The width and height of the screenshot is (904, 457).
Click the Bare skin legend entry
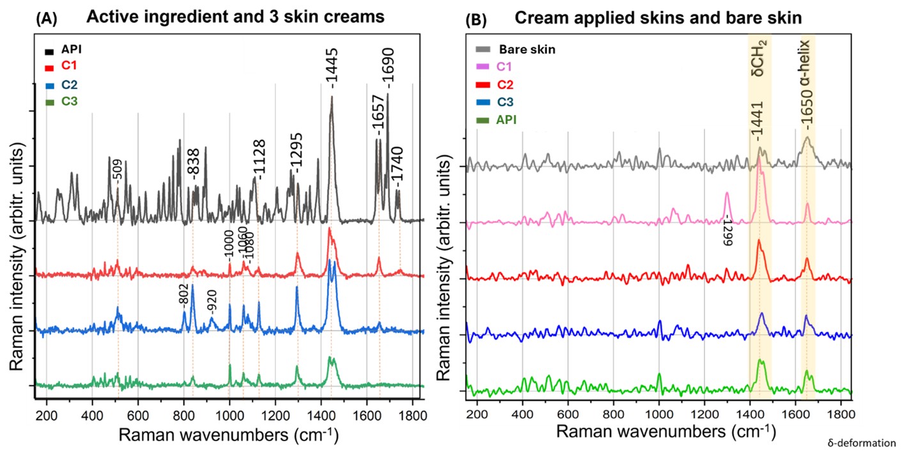pos(527,49)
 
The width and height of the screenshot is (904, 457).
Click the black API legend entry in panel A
pos(71,49)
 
